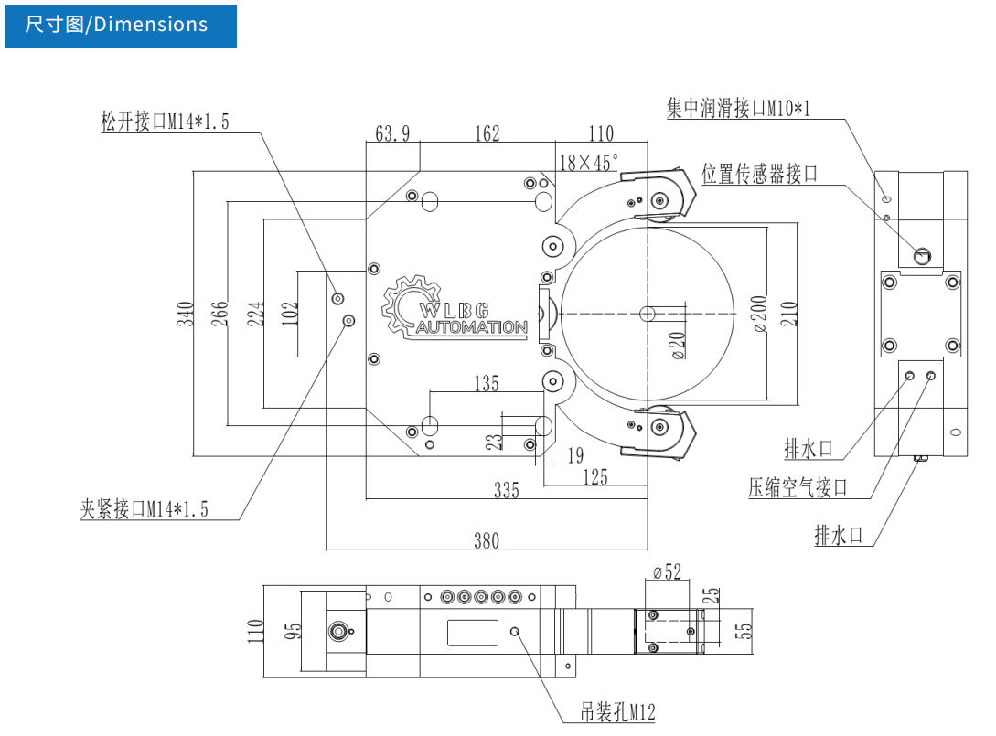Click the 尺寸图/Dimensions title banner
click(x=120, y=25)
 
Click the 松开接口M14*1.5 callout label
click(x=166, y=122)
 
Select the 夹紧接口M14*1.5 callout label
click(x=145, y=509)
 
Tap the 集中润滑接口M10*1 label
click(x=739, y=109)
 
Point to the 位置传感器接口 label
click(x=759, y=174)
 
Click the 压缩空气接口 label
click(x=798, y=487)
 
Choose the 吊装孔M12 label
click(x=617, y=712)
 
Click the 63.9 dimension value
click(x=392, y=134)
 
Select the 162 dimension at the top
click(x=487, y=134)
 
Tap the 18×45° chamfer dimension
click(x=588, y=163)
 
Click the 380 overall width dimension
click(x=487, y=540)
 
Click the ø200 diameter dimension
click(x=762, y=314)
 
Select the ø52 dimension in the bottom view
click(x=668, y=572)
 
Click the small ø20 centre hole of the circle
click(x=648, y=314)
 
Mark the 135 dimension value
click(x=487, y=383)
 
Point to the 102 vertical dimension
click(x=291, y=314)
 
